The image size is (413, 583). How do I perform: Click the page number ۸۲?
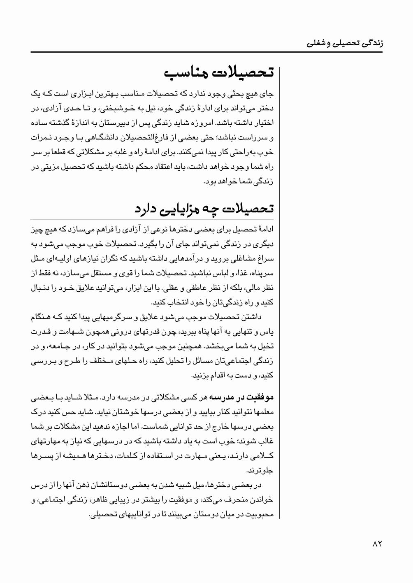tap(377, 544)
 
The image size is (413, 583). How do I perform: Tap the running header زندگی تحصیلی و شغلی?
tap(345, 42)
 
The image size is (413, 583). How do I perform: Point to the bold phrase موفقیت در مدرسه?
tap(242, 397)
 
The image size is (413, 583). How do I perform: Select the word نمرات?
tap(42, 137)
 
